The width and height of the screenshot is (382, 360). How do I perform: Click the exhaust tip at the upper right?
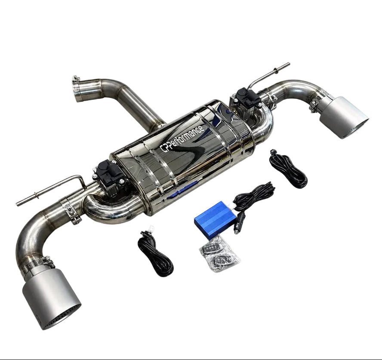click(x=344, y=117)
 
